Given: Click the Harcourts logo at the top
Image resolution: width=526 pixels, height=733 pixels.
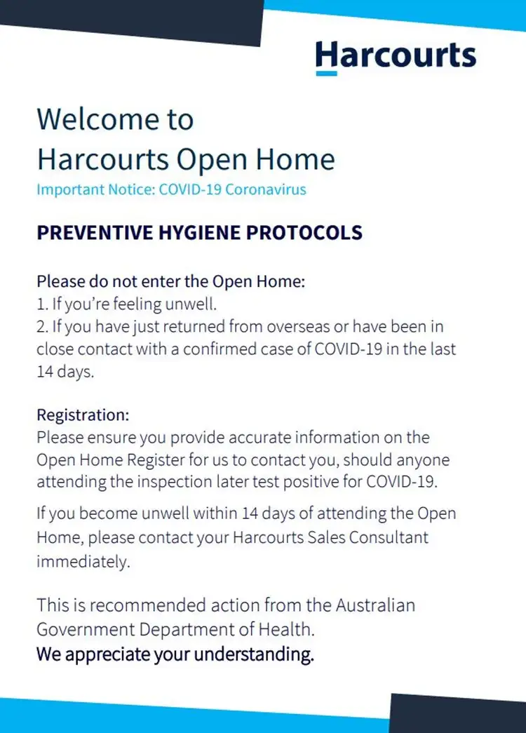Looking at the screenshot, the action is pyautogui.click(x=396, y=58).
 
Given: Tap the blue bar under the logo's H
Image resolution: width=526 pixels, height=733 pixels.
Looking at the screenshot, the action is pyautogui.click(x=326, y=74).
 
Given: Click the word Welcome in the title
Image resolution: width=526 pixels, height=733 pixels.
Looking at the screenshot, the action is pyautogui.click(x=97, y=119).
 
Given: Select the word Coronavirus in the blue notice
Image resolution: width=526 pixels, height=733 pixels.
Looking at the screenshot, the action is pyautogui.click(x=266, y=189).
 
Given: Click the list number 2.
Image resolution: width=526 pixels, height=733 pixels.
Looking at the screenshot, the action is pyautogui.click(x=42, y=327).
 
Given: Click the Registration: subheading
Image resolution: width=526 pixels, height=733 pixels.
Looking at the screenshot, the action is pyautogui.click(x=83, y=415).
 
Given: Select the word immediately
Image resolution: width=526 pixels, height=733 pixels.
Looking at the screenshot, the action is pyautogui.click(x=83, y=562).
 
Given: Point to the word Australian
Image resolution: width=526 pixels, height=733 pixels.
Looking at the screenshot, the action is pyautogui.click(x=375, y=605).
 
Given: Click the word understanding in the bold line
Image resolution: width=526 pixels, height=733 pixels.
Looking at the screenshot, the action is pyautogui.click(x=254, y=654).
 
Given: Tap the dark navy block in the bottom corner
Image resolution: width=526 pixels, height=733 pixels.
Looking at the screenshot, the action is pyautogui.click(x=458, y=714).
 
